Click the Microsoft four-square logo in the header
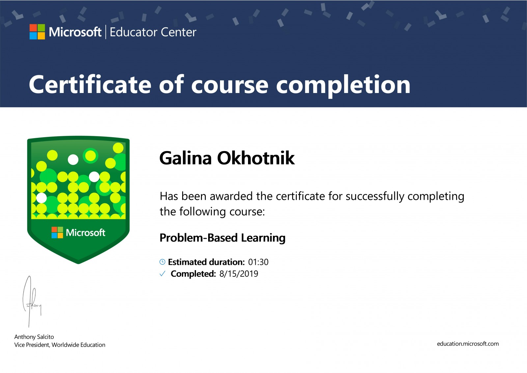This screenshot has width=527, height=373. [x=37, y=32]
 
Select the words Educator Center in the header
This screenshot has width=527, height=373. [x=153, y=32]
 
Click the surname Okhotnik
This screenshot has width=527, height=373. [x=256, y=158]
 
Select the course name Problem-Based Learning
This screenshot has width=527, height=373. [x=223, y=238]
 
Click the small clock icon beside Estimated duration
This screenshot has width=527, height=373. [x=162, y=262]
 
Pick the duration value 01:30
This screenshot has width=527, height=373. [x=258, y=262]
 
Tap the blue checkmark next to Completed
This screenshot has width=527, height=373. [x=163, y=274]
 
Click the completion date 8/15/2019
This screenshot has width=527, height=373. [x=239, y=274]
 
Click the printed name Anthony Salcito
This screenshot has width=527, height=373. [x=34, y=337]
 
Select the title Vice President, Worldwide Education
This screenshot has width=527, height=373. [x=60, y=345]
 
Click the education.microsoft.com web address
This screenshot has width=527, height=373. [x=468, y=344]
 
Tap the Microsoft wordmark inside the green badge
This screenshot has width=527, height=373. [x=85, y=233]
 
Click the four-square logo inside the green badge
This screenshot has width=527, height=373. [x=57, y=233]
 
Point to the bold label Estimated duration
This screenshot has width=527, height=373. [x=207, y=262]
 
